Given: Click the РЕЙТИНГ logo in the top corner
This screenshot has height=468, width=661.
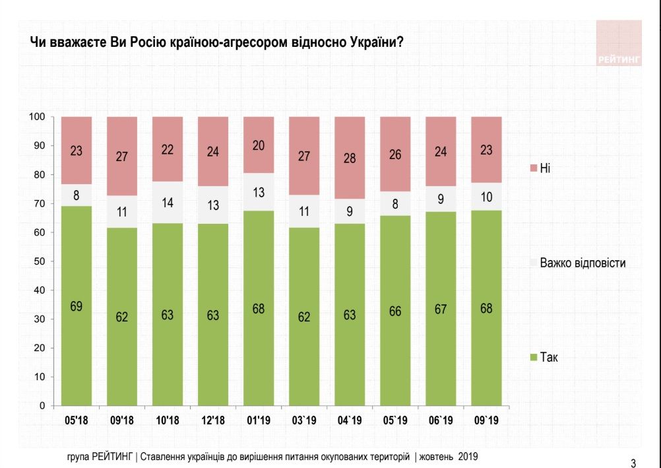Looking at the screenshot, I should pos(618,44).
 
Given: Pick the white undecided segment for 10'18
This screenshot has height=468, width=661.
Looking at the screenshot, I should pos(168,203).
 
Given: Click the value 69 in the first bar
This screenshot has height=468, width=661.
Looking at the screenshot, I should pos(76,306).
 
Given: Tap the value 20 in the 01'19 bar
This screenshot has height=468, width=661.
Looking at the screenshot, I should pos(259,146).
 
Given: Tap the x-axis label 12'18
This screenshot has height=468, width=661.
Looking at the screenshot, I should pos(213,420).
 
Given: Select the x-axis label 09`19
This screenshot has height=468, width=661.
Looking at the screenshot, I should pos(486,420).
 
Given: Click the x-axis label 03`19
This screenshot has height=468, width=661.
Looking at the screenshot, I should pos(304,420).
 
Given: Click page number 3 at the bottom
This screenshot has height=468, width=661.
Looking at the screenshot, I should pos(633,462).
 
